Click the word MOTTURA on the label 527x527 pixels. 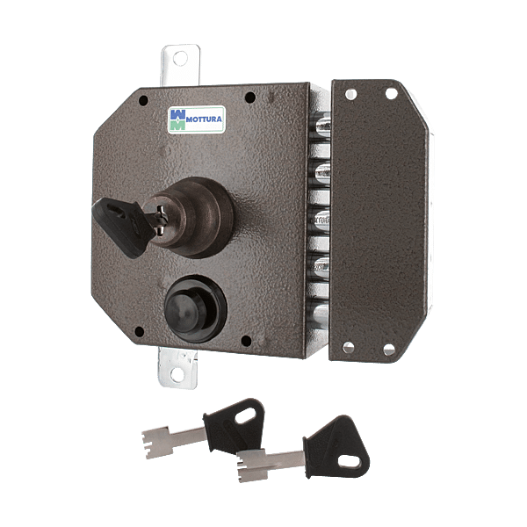coord(204,119)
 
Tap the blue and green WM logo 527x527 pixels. coord(177,119)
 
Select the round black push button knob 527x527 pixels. coord(195,309)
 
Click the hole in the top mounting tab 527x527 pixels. coord(180,59)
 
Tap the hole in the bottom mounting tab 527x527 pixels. coord(177,375)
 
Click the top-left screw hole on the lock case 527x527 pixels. coord(143,100)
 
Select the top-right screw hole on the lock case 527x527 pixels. coord(250,97)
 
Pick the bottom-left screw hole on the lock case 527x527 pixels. coord(139,332)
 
